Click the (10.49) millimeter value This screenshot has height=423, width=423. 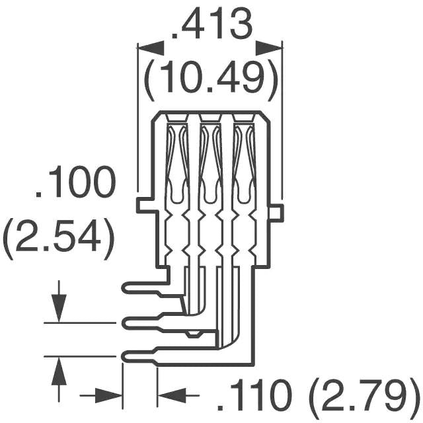210,79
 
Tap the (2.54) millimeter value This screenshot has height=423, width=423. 58,238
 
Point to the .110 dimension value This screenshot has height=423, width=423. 255,397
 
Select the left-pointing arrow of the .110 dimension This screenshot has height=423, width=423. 173,397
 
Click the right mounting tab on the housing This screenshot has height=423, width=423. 276,212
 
